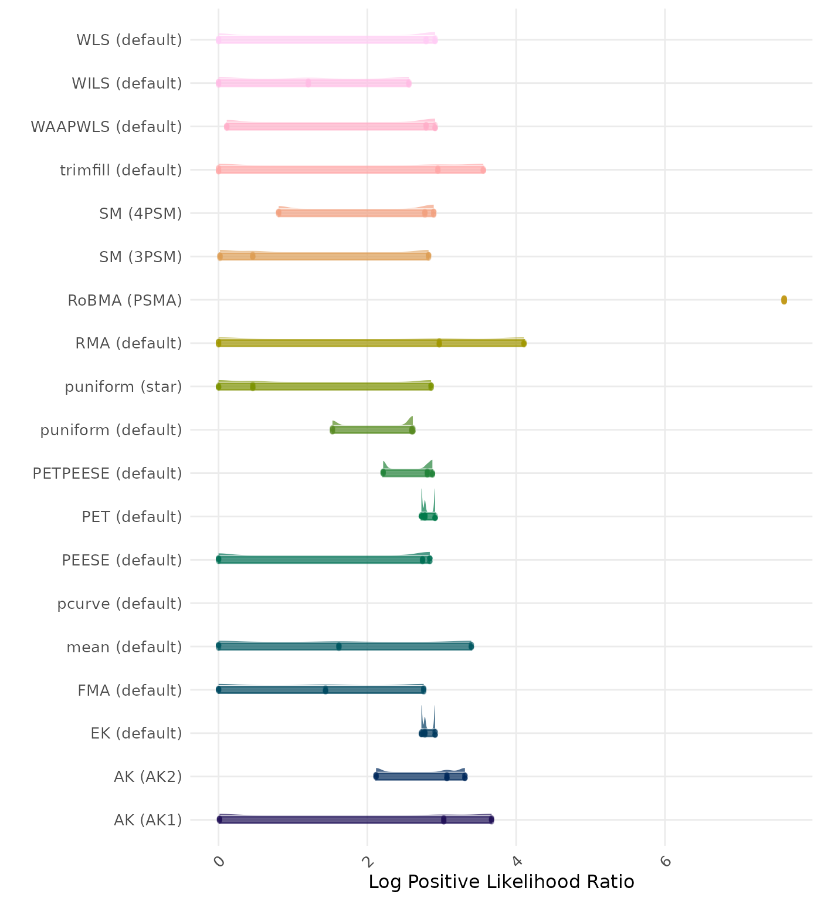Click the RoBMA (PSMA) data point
tap(784, 300)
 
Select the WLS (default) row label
tap(129, 40)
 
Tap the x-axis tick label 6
tap(665, 861)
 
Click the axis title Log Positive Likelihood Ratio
tap(501, 882)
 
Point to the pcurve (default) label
tap(120, 604)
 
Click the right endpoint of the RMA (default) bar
tap(524, 343)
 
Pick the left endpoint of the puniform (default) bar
tap(333, 430)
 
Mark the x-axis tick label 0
tap(219, 861)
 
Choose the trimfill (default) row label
tap(121, 170)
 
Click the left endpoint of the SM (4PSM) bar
tap(279, 213)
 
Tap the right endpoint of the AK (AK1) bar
tap(491, 819)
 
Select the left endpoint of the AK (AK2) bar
tap(376, 777)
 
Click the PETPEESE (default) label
tap(107, 473)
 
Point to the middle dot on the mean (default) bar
tap(339, 646)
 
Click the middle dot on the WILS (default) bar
tap(308, 83)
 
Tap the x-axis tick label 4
tap(517, 861)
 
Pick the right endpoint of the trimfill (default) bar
tap(483, 170)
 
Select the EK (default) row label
tap(136, 733)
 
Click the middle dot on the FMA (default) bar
tap(325, 690)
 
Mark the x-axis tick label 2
tap(368, 861)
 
